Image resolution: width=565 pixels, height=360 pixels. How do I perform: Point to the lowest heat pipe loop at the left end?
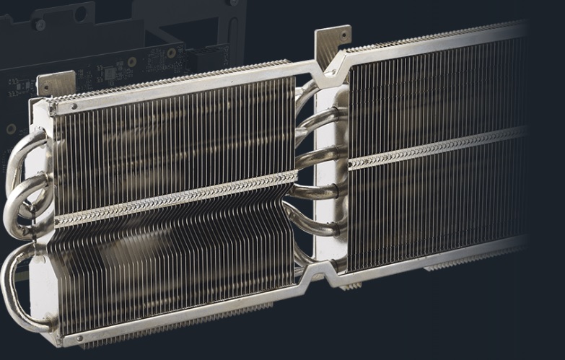point(14,289)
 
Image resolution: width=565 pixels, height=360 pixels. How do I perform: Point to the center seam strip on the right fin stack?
point(433,147)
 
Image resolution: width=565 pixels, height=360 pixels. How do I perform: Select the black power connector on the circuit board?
point(217,55)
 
